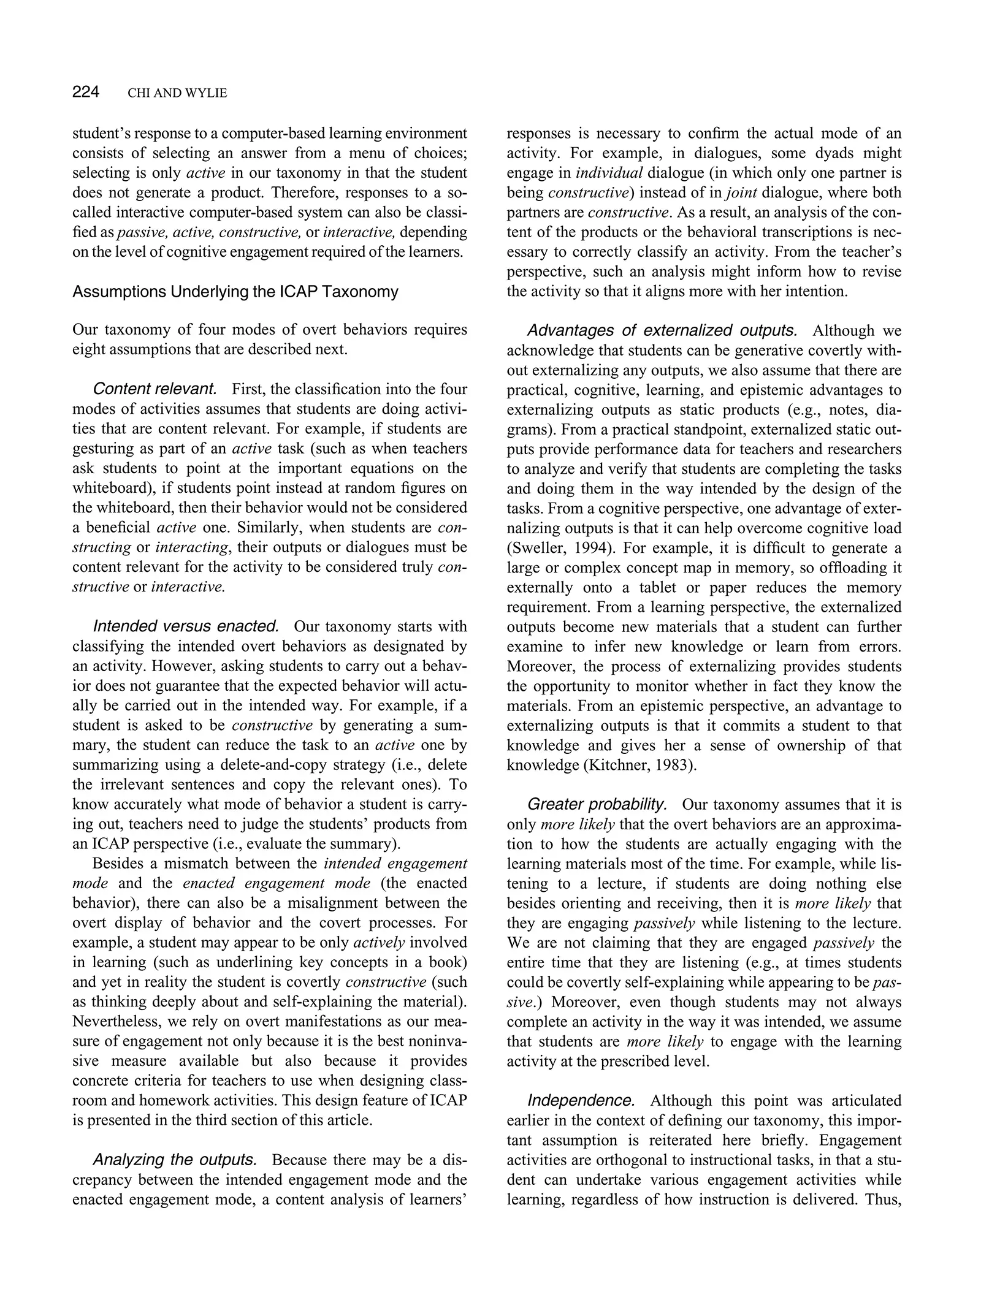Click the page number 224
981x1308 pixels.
[85, 93]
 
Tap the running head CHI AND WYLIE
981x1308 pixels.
[177, 93]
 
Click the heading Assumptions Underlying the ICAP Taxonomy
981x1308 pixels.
[235, 292]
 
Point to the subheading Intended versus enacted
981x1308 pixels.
[186, 626]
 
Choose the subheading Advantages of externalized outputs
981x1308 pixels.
[662, 331]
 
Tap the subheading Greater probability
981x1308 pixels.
[597, 804]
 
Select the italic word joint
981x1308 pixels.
[741, 193]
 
